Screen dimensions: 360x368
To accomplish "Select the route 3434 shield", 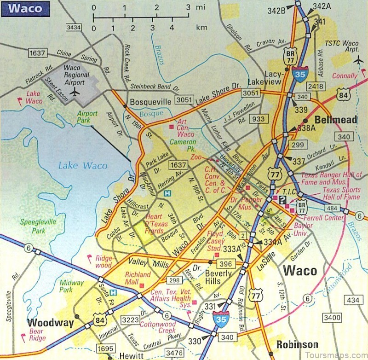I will pos(74,28).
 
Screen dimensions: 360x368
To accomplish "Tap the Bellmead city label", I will pos(336,120).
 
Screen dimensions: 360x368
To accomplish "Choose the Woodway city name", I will pos(51,323).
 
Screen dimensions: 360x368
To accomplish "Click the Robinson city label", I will pos(297,344).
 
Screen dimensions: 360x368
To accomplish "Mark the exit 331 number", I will pos(211,306).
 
